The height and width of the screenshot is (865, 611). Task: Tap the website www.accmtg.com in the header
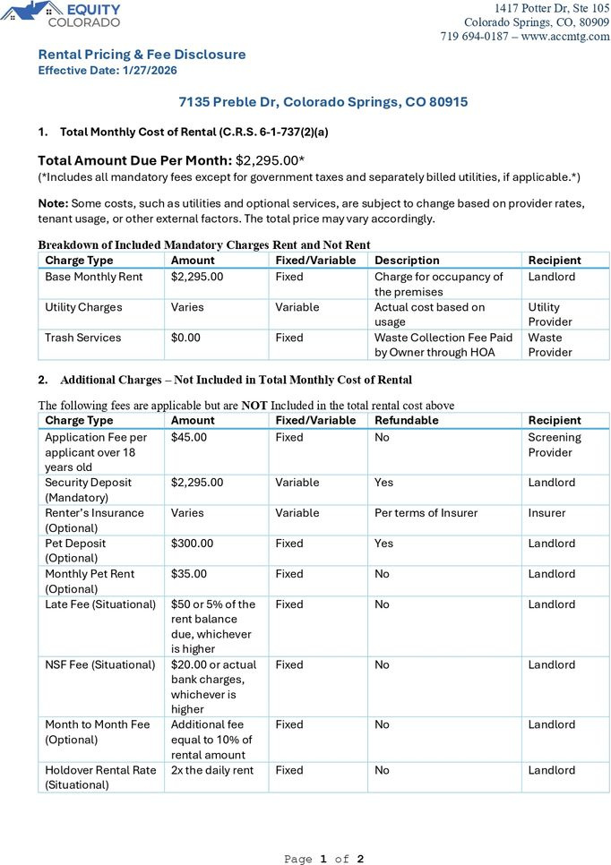point(565,37)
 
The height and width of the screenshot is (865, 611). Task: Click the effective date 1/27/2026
point(151,70)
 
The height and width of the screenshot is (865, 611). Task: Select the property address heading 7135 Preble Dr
point(323,102)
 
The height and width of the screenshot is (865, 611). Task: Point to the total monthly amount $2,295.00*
point(270,160)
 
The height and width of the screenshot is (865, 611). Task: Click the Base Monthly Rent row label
point(94,277)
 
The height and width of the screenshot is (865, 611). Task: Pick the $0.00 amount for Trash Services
point(190,338)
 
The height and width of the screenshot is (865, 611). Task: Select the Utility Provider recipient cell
point(550,314)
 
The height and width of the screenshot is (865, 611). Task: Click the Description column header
point(407,261)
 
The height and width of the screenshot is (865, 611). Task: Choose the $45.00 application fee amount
point(189,438)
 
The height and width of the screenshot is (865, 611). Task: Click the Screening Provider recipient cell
point(555,445)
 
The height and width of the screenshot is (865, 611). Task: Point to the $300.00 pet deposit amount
point(193,544)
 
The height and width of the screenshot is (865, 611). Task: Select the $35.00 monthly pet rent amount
point(189,574)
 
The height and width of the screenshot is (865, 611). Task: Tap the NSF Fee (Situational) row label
point(100,665)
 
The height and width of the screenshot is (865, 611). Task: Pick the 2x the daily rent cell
point(212,770)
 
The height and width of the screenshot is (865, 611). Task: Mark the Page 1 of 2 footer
point(324,859)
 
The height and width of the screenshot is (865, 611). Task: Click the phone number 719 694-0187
point(476,37)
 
